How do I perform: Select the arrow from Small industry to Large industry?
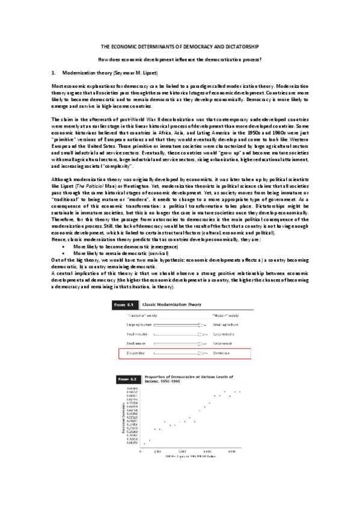(180, 334)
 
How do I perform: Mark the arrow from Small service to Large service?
(180, 343)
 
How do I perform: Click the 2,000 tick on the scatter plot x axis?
(157, 450)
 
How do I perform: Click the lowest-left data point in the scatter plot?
(143, 443)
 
